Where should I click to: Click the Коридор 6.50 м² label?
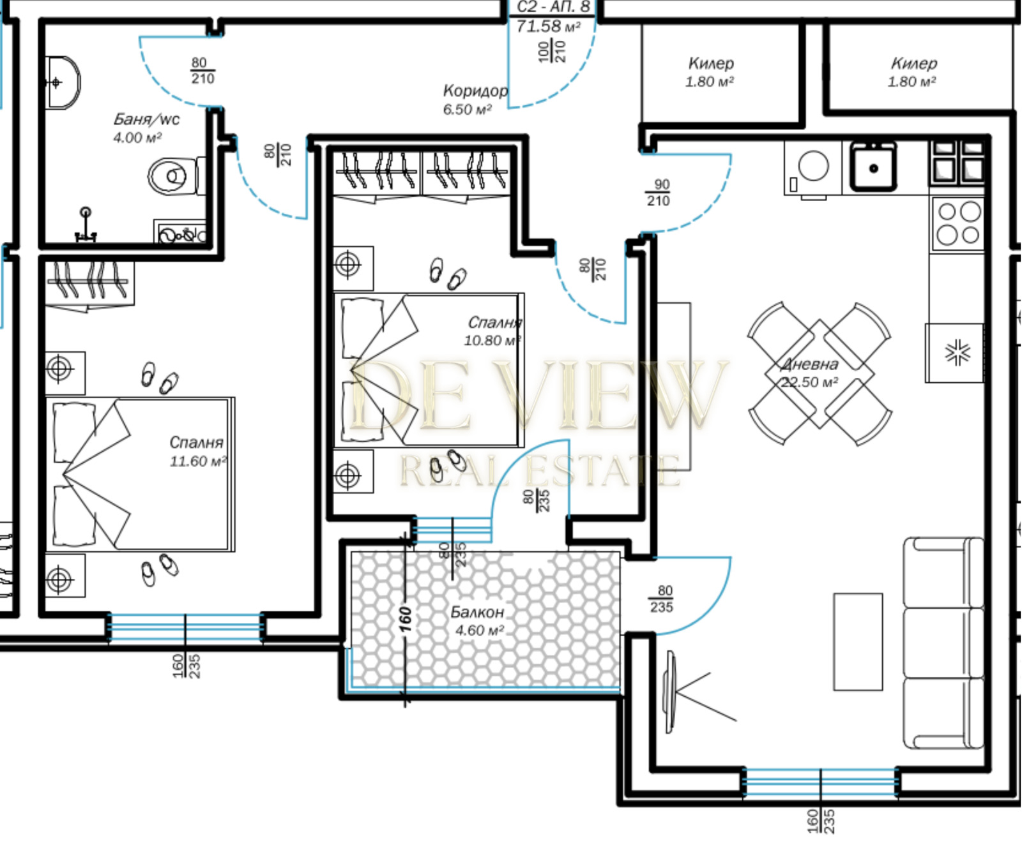pos(475,100)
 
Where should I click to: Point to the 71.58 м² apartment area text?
pos(548,26)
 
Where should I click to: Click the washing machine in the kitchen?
pos(812,168)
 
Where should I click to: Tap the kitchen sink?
pos(873,167)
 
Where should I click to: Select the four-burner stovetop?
pos(957,223)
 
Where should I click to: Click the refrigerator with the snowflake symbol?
pos(955,353)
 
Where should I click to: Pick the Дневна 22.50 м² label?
pos(809,373)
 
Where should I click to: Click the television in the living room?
pos(670,692)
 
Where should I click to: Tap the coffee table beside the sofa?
pos(858,641)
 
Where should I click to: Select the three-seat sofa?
pos(943,643)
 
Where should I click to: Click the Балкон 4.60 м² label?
pos(478,621)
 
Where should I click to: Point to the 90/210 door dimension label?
pos(659,193)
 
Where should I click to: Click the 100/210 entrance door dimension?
pos(552,51)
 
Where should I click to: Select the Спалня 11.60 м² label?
pos(197,451)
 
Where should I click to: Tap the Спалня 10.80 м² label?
pos(493,331)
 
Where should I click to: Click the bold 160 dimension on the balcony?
pos(405,619)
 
